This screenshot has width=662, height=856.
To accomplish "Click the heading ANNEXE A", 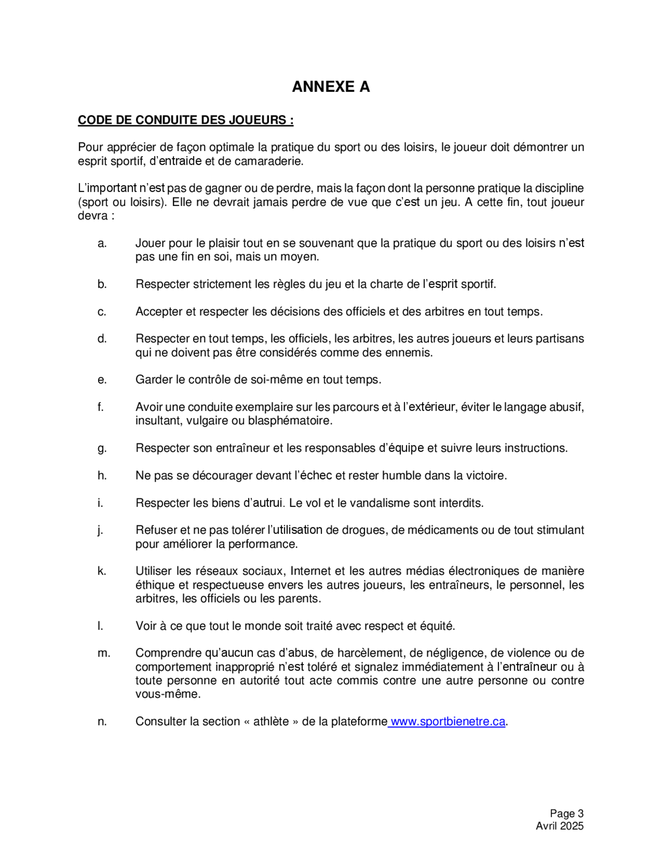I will (331, 87).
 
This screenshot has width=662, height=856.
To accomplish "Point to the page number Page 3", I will (566, 813).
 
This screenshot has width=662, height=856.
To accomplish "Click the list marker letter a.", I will (102, 243).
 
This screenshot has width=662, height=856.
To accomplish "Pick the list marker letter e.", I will (102, 380).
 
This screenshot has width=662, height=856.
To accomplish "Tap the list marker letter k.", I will (102, 571).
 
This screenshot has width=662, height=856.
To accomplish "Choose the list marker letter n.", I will (102, 722).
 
